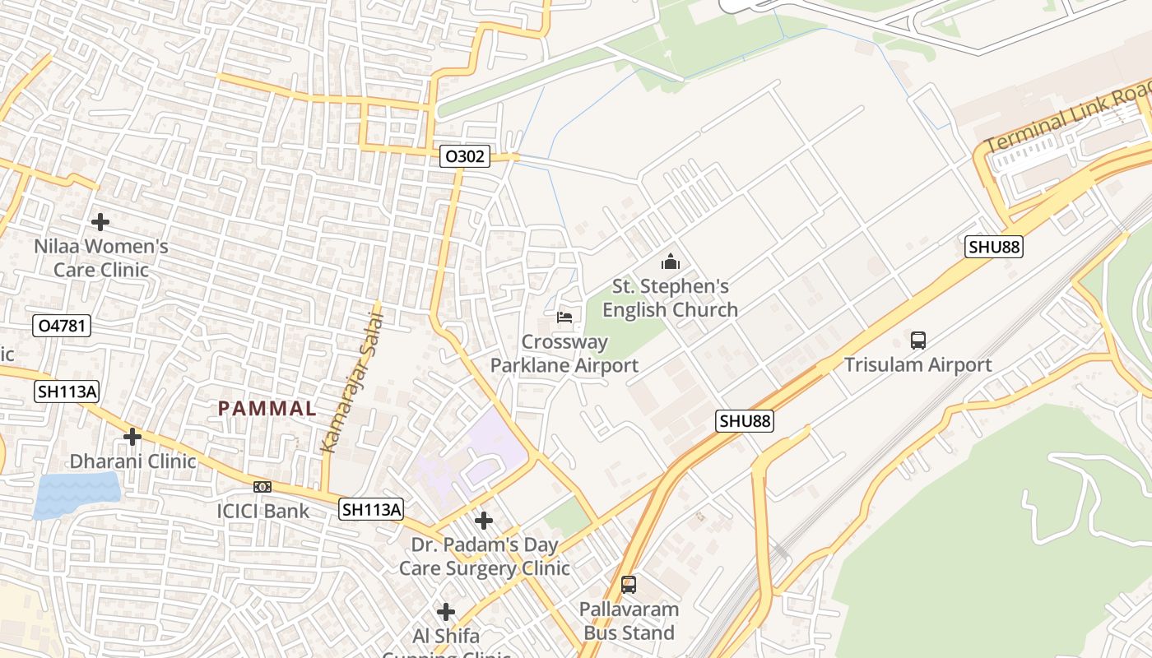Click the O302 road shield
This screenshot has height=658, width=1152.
click(465, 156)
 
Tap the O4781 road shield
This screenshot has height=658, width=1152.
click(62, 326)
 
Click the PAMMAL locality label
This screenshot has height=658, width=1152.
click(267, 408)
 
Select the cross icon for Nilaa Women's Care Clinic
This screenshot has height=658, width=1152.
click(100, 222)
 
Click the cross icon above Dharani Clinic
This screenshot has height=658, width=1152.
click(132, 437)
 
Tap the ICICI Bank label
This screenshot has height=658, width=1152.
click(263, 511)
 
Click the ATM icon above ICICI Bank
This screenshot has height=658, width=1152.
click(262, 487)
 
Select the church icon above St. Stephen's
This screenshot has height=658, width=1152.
click(671, 262)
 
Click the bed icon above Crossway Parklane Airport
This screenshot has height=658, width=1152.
click(564, 317)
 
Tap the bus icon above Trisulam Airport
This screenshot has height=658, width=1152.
click(918, 340)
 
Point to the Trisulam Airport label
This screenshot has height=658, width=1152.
click(918, 364)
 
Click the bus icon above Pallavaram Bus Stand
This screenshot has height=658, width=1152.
click(629, 585)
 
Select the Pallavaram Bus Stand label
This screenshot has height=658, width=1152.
click(629, 621)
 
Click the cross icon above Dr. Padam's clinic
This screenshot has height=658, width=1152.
click(484, 521)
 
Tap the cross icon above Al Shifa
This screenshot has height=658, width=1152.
click(446, 612)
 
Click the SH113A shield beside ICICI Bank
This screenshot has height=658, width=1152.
click(372, 510)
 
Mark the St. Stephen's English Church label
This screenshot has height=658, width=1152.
click(671, 298)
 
